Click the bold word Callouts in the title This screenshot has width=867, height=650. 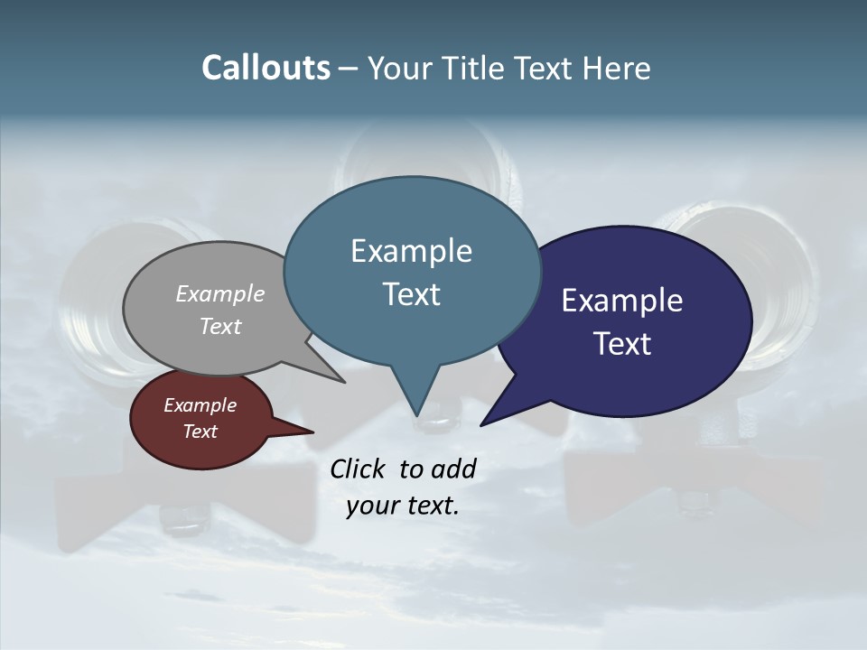point(266,68)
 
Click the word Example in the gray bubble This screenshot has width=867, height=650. point(220,293)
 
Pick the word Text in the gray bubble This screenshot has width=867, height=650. point(220,326)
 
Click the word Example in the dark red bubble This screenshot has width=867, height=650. point(200,405)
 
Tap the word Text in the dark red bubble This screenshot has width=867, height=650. point(200,432)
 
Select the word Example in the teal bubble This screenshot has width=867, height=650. point(411,251)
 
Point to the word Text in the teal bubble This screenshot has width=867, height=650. point(411,294)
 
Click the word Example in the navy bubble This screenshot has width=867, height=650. point(622,301)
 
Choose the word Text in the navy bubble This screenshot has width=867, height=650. point(622,344)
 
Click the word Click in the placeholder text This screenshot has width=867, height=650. point(359,469)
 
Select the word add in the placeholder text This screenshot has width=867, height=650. point(453,469)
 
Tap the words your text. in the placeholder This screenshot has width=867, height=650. point(403,506)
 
